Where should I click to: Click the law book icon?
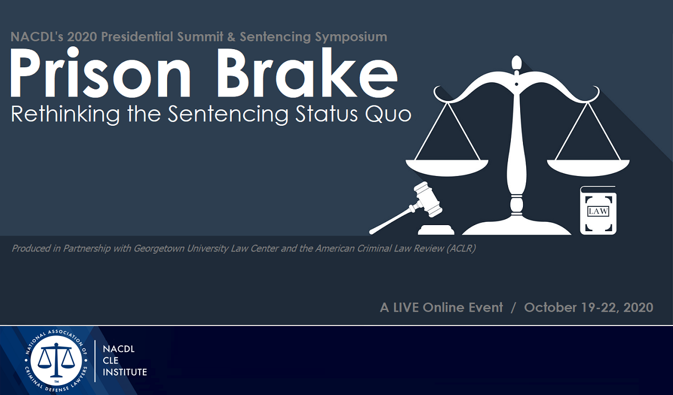[598, 211]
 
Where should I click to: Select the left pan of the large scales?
[447, 164]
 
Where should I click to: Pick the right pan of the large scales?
[588, 164]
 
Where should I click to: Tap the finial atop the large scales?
[516, 64]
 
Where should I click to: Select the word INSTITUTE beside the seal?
[125, 372]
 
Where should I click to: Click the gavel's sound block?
[436, 229]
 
